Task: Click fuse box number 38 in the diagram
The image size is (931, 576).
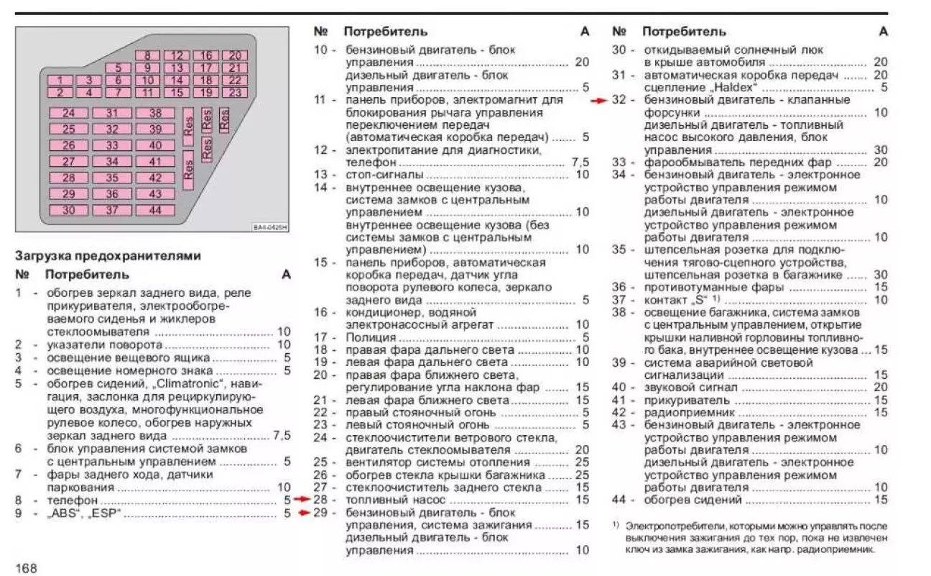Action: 156,113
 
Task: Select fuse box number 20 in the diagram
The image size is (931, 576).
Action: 234,55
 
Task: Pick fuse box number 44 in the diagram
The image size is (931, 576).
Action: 156,211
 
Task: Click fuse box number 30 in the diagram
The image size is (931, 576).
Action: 69,211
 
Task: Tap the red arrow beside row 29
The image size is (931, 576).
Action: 303,513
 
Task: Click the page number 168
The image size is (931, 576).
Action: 25,568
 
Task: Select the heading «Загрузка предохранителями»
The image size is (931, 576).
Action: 108,256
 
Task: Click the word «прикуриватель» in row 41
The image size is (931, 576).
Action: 677,400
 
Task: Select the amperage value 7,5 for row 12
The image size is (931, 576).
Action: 580,163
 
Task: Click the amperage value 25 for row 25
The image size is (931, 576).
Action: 582,462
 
